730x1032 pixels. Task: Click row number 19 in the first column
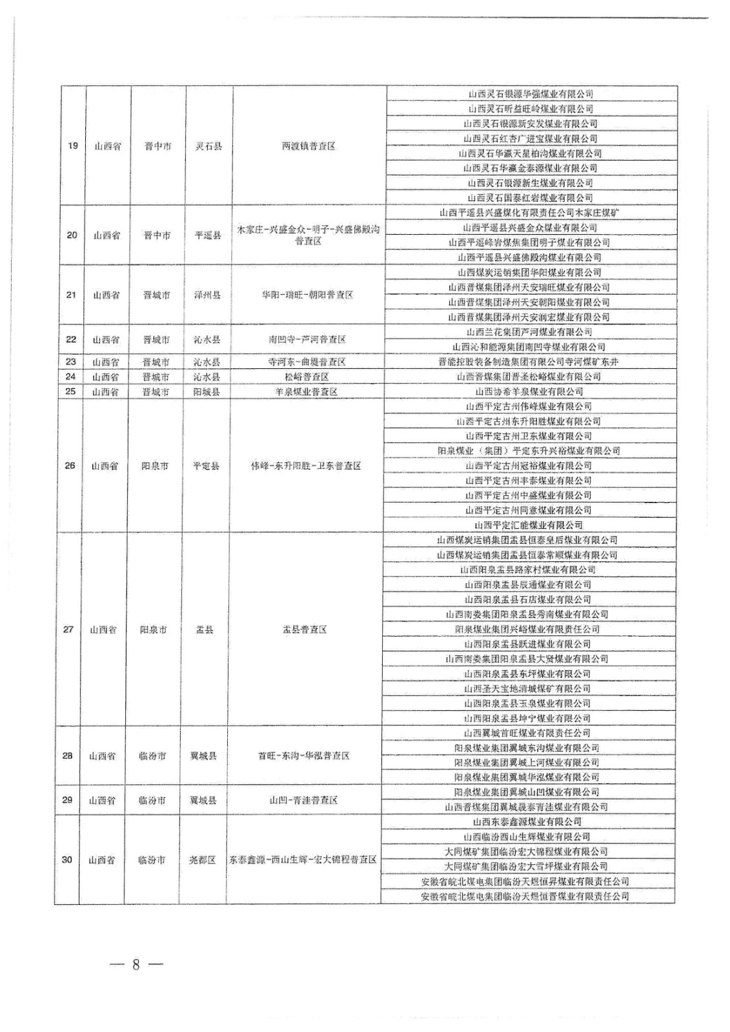(73, 146)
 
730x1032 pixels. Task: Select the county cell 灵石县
(208, 146)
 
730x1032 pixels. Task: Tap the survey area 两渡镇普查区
(309, 146)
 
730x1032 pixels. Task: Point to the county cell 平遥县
(208, 235)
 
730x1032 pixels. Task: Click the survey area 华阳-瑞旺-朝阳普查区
(307, 295)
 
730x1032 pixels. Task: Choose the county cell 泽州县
(207, 295)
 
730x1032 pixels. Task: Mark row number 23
(71, 362)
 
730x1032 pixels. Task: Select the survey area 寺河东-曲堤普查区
(307, 362)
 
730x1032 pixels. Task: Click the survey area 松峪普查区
(307, 377)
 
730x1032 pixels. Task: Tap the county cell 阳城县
(207, 392)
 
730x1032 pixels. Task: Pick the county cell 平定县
(206, 466)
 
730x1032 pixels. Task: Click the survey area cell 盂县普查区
(305, 630)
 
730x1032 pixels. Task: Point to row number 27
(68, 630)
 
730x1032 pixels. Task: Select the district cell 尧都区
(202, 860)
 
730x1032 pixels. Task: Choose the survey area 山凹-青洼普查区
(303, 800)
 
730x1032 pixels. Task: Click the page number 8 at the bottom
(136, 965)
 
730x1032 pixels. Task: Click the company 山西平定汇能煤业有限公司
(528, 525)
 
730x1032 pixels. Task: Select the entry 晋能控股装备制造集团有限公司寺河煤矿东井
(528, 362)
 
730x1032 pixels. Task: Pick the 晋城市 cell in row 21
(157, 295)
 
